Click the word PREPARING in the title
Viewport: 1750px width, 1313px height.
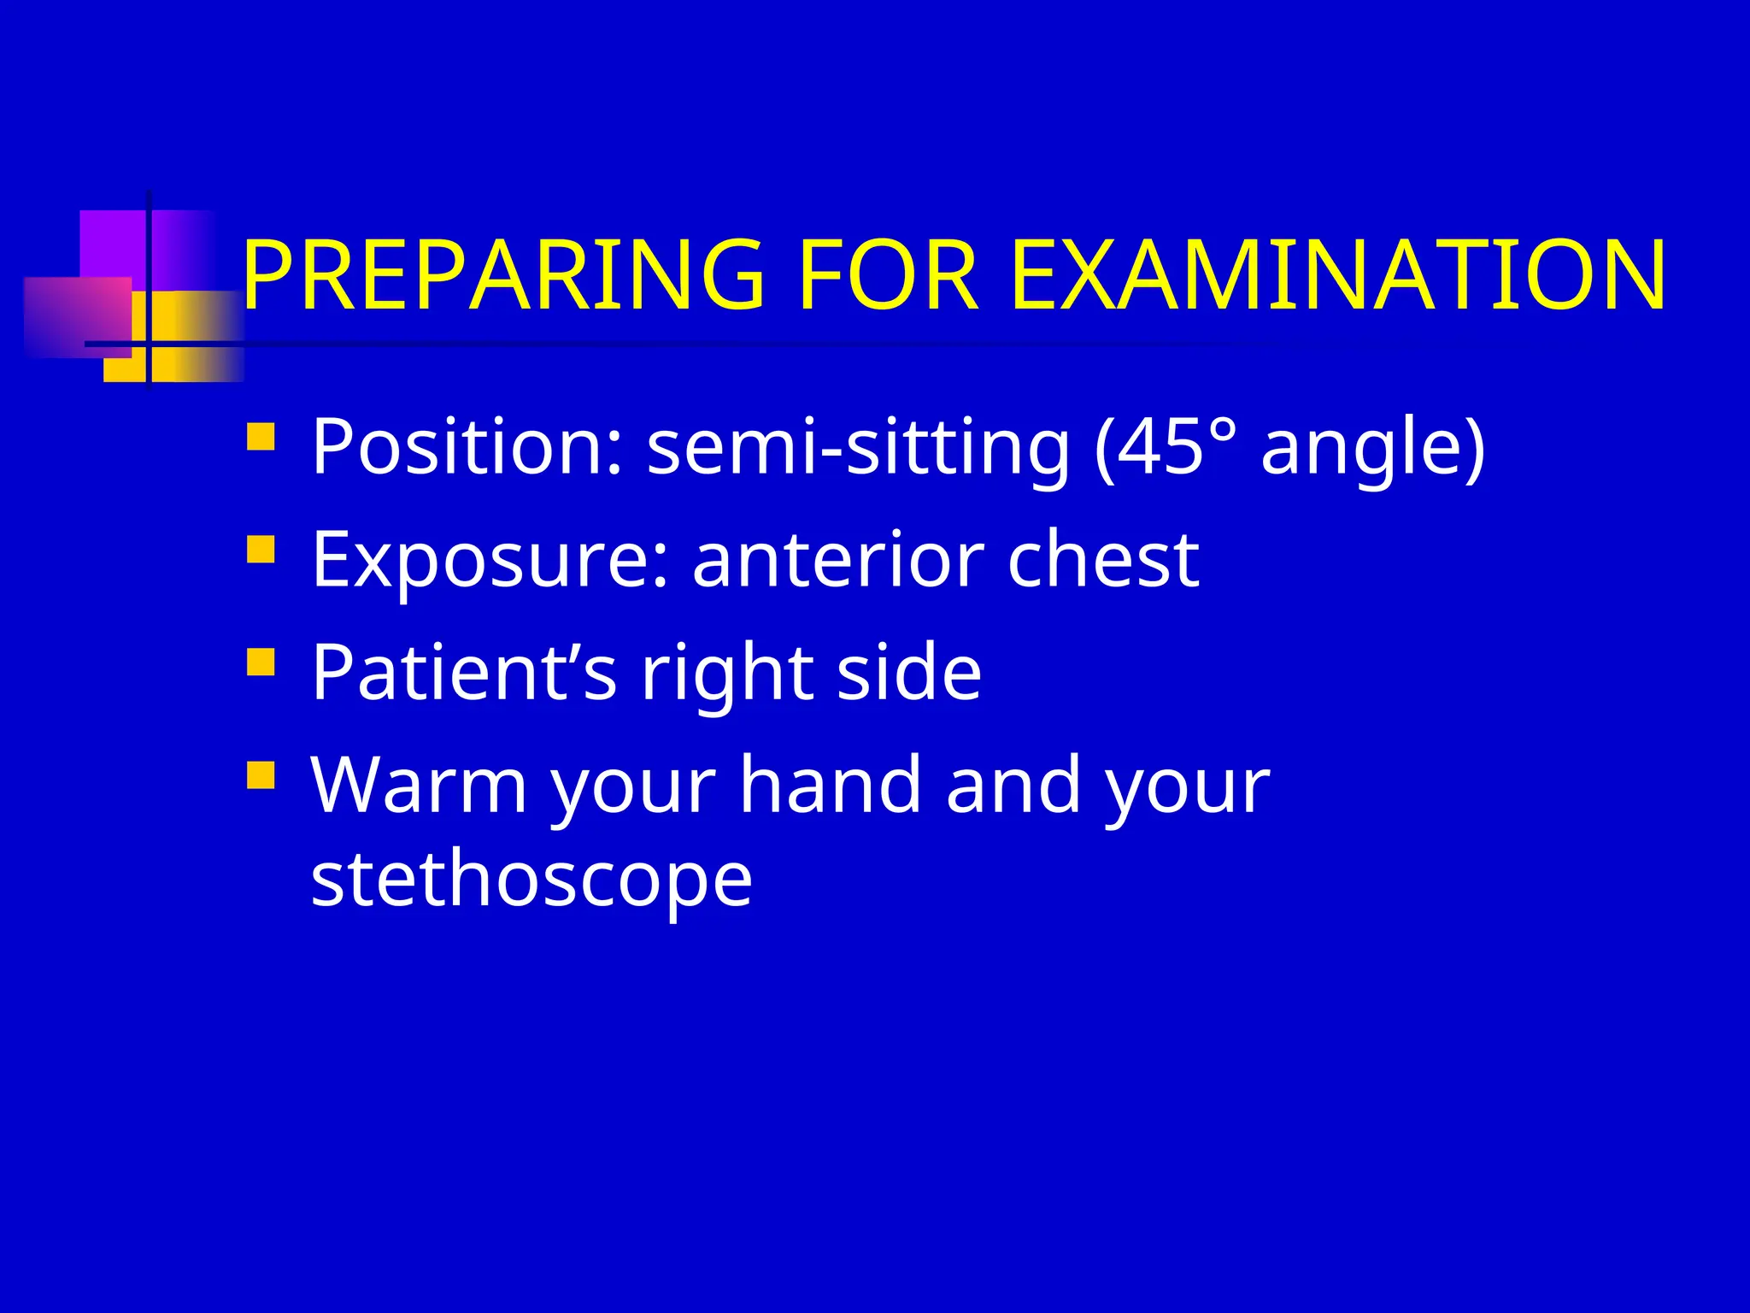[x=502, y=275]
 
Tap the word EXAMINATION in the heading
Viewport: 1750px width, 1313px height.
[x=1338, y=275]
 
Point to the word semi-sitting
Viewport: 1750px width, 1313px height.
[x=858, y=448]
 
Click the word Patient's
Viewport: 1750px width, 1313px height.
[x=464, y=672]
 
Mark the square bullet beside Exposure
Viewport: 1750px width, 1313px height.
[x=261, y=549]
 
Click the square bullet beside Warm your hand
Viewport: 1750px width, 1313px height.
[x=261, y=774]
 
